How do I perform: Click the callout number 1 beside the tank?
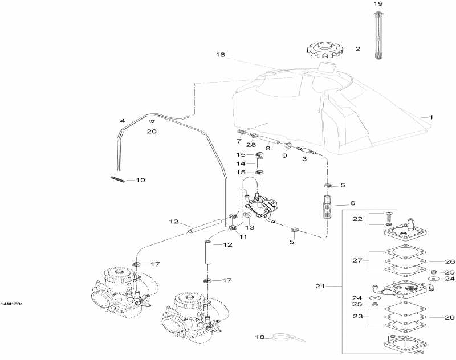pyautogui.click(x=431, y=117)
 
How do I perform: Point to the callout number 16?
pyautogui.click(x=220, y=55)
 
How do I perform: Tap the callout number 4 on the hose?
pyautogui.click(x=122, y=121)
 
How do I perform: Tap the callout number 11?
pyautogui.click(x=243, y=237)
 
